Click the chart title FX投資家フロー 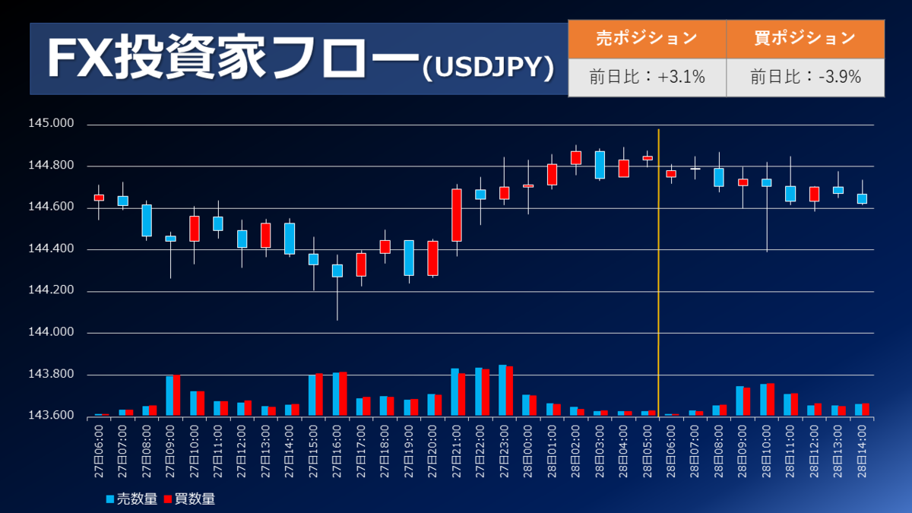(232, 59)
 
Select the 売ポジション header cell (646, 38)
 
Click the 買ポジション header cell (805, 38)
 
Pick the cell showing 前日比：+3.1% (647, 77)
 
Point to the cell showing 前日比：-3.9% (805, 77)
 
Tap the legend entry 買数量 (189, 499)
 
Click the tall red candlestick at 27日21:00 (456, 215)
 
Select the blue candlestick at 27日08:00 (147, 220)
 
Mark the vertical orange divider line (658, 274)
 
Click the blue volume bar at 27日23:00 (502, 391)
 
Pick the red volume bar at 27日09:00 (176, 396)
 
